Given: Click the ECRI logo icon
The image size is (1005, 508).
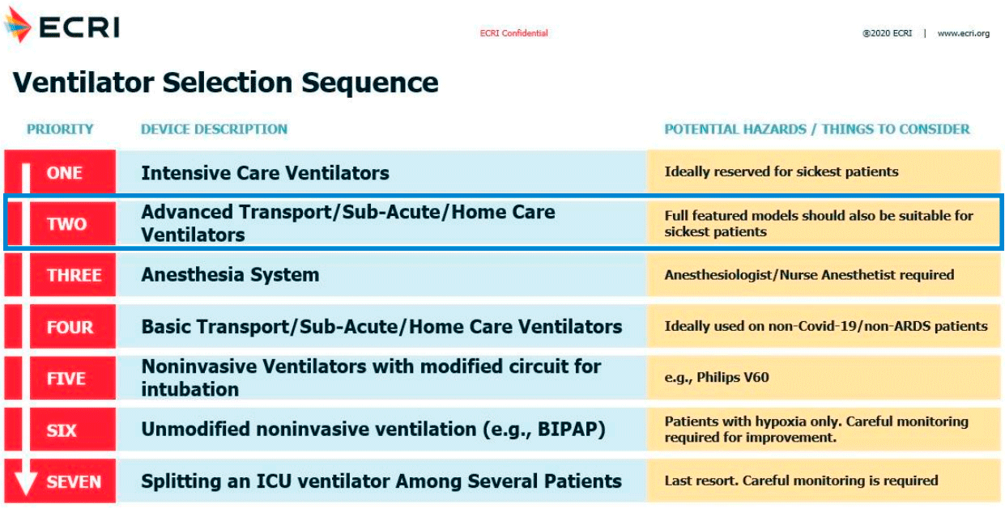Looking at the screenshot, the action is click(18, 25).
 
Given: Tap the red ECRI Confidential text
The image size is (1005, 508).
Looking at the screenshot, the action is click(513, 33).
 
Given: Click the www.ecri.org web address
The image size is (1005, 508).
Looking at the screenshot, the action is click(963, 33).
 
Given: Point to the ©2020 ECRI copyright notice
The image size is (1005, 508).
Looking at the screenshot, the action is click(887, 33).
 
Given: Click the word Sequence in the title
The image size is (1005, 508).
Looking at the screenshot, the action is click(370, 83).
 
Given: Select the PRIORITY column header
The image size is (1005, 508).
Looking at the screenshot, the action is click(60, 129).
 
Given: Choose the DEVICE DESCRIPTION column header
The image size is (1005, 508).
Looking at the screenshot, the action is click(214, 129).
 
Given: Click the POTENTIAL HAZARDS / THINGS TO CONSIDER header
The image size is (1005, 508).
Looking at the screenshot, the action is click(816, 129).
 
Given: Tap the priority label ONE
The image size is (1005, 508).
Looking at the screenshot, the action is click(65, 173).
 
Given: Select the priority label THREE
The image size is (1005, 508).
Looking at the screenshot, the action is click(75, 275).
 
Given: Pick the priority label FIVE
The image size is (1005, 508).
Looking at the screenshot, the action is click(66, 379).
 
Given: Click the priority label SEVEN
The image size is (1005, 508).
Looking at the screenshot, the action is click(74, 482).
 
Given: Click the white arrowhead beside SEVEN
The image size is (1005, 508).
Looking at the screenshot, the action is click(26, 483).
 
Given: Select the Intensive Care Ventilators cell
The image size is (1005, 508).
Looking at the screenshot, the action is click(265, 173).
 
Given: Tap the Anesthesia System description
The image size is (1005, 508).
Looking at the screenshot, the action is click(230, 274).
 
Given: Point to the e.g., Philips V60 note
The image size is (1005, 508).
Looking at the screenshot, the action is click(717, 377).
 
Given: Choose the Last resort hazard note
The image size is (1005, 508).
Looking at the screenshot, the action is click(801, 480).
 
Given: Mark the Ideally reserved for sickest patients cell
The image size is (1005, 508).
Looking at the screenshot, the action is click(781, 171).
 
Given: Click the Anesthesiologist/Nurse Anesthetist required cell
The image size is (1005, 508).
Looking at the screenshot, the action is click(809, 274).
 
